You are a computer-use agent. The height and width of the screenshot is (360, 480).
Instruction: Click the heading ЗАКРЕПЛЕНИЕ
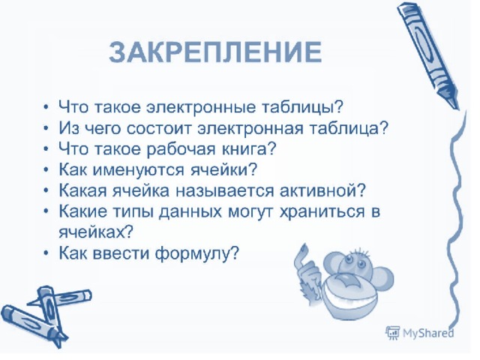[x=215, y=52]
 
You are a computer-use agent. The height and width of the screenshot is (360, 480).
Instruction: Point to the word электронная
[x=250, y=128]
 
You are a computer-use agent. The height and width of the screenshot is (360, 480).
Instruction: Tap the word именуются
[x=138, y=170]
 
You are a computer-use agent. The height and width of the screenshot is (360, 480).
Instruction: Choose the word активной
[x=322, y=190]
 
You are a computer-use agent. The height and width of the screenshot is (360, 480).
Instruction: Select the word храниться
[x=322, y=211]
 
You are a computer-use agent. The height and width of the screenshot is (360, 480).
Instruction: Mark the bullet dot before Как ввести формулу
[x=46, y=253]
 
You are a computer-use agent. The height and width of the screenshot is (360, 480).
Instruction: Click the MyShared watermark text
[x=428, y=333]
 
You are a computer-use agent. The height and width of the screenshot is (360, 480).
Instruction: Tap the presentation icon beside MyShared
[x=392, y=333]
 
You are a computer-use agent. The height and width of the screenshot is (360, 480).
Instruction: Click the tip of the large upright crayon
[x=457, y=108]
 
